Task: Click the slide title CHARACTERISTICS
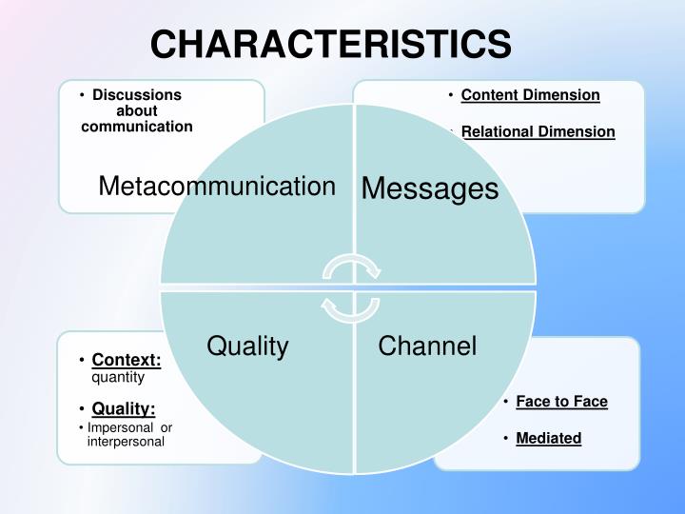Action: pos(330,43)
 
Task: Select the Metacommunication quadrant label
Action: pos(217,186)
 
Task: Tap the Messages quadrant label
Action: pos(430,188)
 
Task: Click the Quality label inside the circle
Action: pos(247,346)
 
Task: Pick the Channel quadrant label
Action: pos(427,346)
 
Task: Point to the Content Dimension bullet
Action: pos(530,95)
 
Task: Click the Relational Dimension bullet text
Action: pos(538,131)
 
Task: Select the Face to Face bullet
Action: pos(561,402)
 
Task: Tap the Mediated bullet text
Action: pos(548,438)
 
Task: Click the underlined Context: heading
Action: pos(126,360)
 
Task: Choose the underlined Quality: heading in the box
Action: pos(124,409)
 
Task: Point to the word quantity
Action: pos(118,377)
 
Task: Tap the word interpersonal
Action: pos(126,442)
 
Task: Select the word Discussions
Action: pos(137,95)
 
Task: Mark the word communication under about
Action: pos(137,126)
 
